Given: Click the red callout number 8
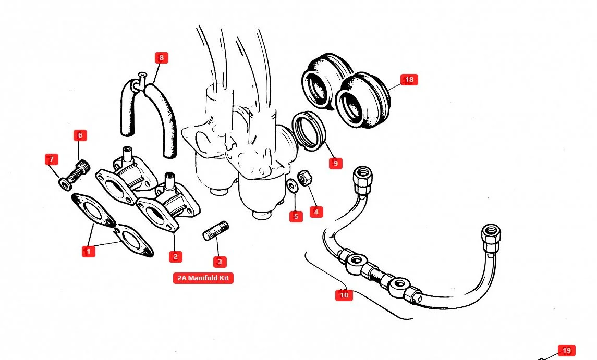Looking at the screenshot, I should pos(161,58).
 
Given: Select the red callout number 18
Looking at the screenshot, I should pos(409,80).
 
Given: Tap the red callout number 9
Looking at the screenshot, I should pos(335,163).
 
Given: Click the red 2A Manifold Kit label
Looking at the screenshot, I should pos(203,278).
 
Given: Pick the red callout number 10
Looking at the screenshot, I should pos(344,295).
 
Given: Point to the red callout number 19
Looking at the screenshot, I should pos(567,351).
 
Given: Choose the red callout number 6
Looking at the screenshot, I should pos(80,135).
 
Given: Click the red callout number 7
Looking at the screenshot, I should pos(51,159).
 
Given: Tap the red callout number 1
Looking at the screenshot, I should pos(88,251).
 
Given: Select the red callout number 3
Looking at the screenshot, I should pos(219,262).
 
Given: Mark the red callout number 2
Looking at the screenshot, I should pos(175,256).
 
